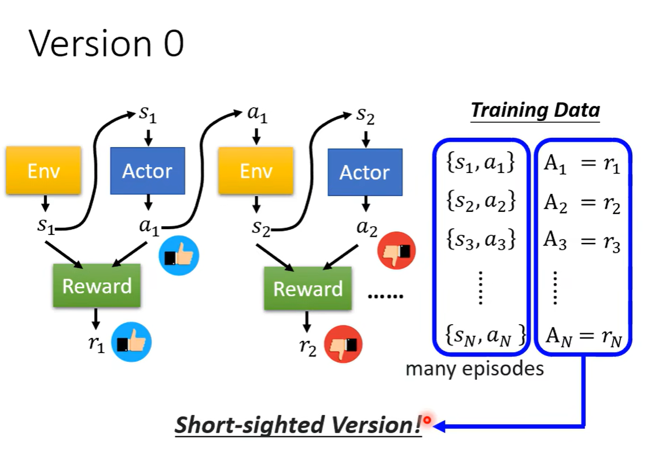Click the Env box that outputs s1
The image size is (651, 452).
click(44, 171)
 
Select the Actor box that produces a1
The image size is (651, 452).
click(148, 171)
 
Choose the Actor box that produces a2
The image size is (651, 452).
click(365, 172)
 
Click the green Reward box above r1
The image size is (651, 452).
click(97, 286)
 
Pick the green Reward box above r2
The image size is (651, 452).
click(308, 288)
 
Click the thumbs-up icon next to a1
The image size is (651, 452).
click(179, 255)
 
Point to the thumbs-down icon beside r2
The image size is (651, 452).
click(343, 345)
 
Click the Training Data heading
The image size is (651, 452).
click(535, 110)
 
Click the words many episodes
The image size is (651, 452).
click(475, 369)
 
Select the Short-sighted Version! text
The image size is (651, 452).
click(299, 425)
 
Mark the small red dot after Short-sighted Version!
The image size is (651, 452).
click(428, 419)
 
